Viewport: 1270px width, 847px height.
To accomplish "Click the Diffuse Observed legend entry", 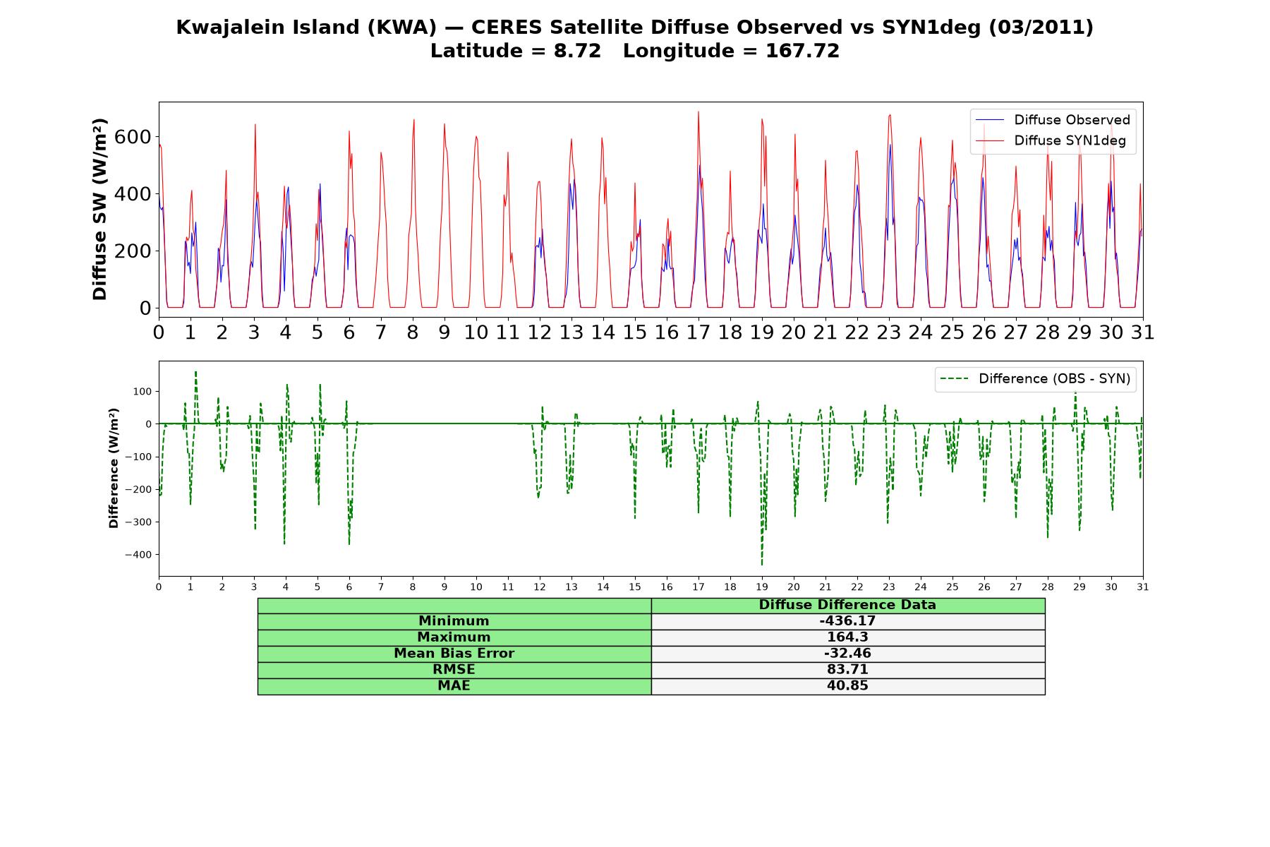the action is click(1053, 120).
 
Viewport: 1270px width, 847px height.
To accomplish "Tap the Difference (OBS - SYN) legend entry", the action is click(1035, 379).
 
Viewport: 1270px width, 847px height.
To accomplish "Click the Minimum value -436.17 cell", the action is click(847, 621).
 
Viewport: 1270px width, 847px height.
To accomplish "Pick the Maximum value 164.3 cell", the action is click(847, 637).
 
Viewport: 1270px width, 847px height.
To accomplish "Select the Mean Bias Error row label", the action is click(454, 654).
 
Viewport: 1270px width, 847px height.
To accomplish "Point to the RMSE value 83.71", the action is click(847, 669).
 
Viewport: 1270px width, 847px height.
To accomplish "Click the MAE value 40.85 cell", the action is click(847, 686).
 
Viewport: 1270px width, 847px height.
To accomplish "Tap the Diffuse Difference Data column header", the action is click(847, 605).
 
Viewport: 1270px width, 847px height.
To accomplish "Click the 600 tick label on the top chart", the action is click(133, 137).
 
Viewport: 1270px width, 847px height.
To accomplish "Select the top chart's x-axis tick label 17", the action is click(698, 332).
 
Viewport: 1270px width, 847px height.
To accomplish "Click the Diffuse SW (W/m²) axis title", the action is click(100, 210).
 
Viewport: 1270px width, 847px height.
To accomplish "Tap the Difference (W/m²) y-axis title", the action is click(114, 469).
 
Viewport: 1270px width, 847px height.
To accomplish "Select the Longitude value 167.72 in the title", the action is click(802, 51).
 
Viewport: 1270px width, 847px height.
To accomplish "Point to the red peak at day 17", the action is click(698, 112).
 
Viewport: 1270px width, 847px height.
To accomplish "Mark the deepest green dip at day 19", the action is click(762, 564).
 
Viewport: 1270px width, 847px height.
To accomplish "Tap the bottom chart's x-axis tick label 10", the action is click(476, 587).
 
